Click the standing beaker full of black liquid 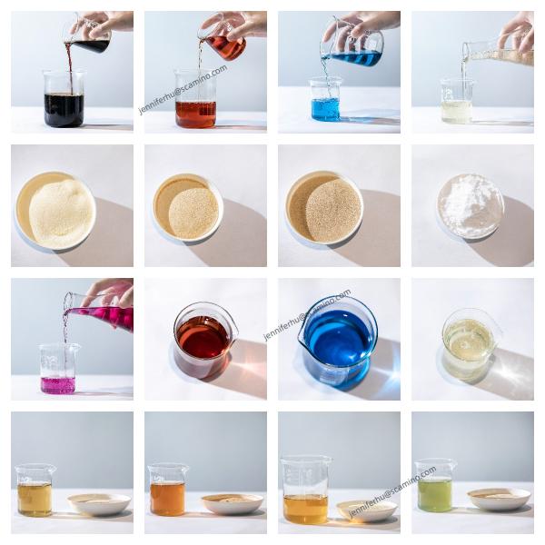tap(64, 98)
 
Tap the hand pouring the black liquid tap(104, 24)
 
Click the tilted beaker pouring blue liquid tap(352, 45)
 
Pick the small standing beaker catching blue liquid tap(326, 100)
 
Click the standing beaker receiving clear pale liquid tap(457, 101)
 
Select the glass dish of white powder tap(471, 205)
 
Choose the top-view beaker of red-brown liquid tap(204, 339)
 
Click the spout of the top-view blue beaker tap(303, 325)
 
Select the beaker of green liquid tap(435, 486)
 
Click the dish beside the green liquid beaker tap(499, 499)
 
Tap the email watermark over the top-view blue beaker tap(307, 315)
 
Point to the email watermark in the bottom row tap(391, 491)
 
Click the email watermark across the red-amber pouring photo tap(183, 90)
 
